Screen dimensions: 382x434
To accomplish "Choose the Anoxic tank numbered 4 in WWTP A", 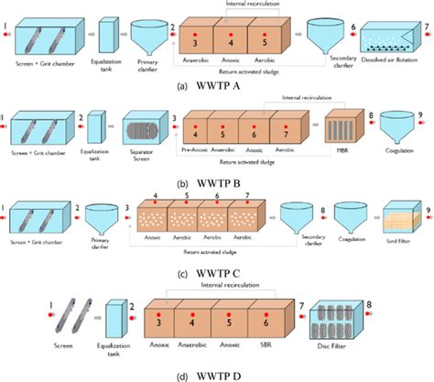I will pos(230,44).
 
